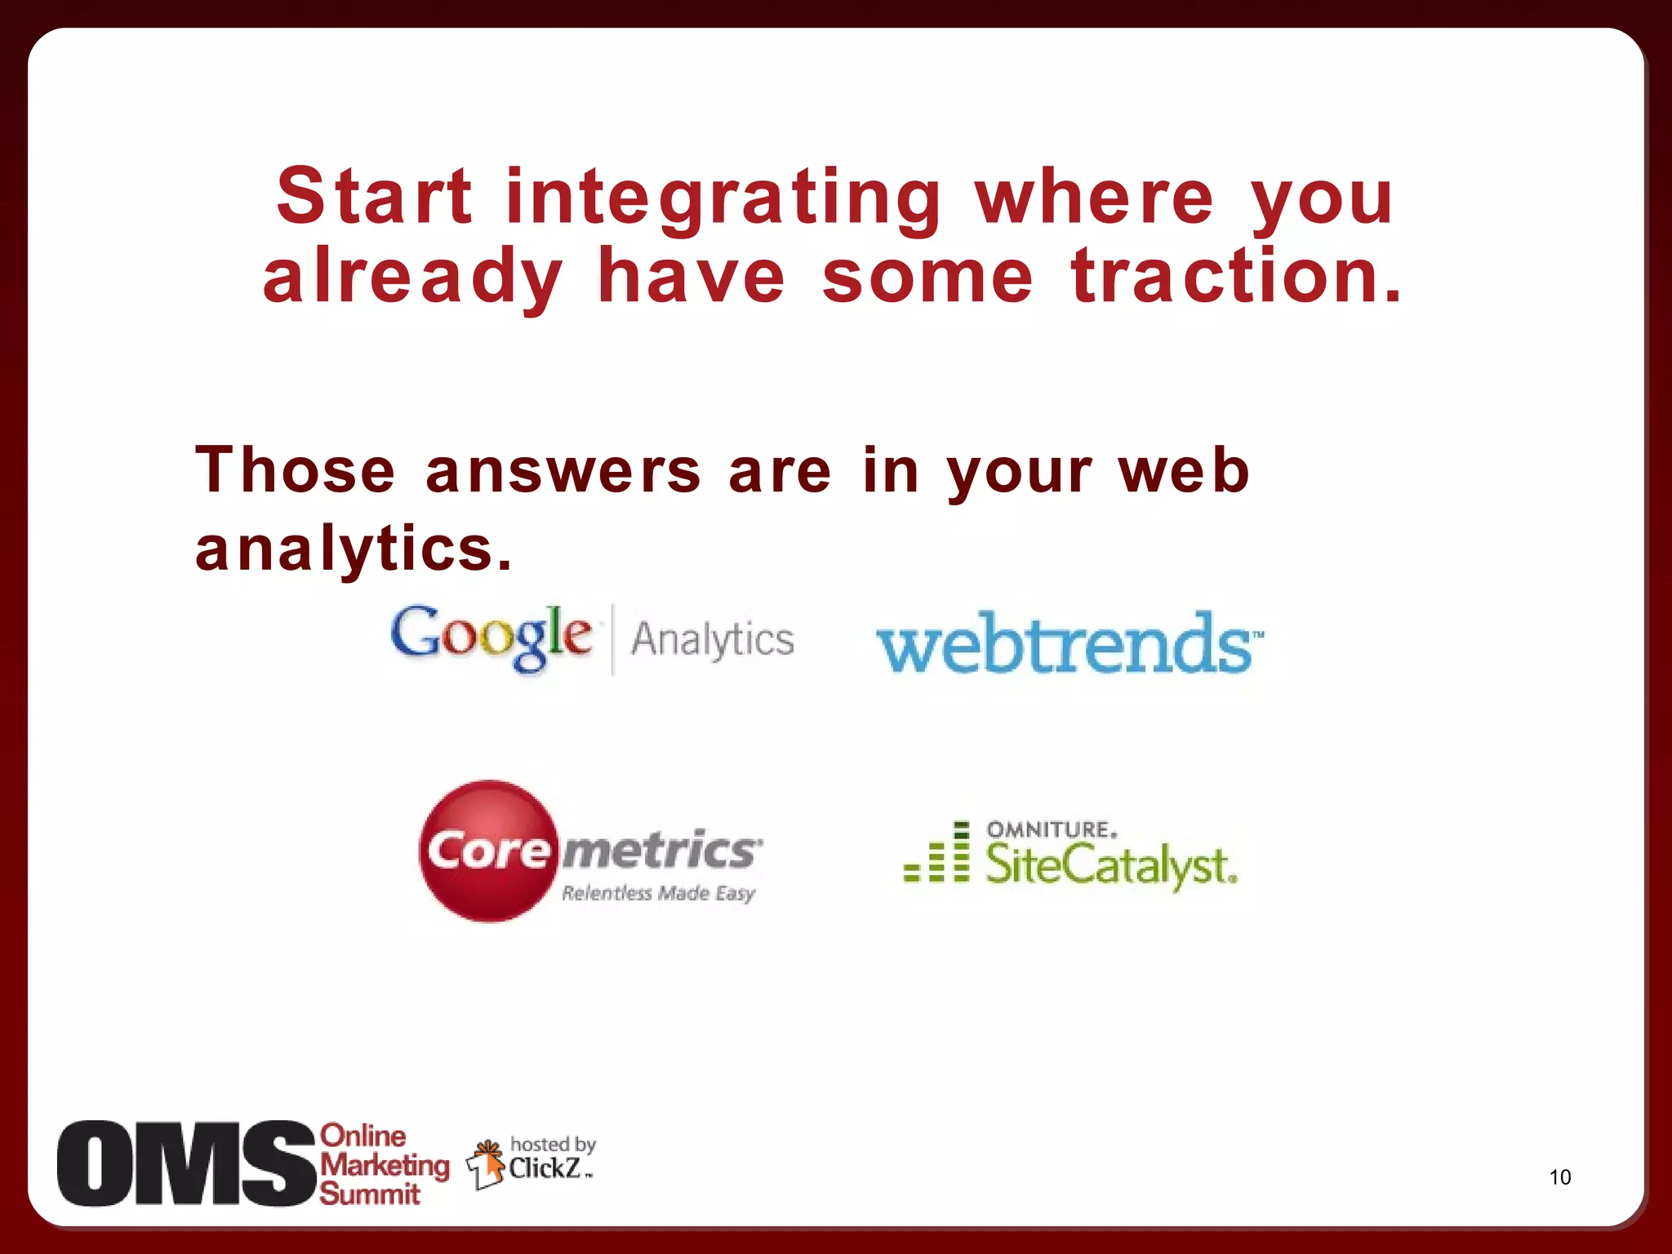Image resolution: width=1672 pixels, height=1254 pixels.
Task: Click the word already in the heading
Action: [412, 278]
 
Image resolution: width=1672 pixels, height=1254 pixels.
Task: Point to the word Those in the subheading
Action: [296, 471]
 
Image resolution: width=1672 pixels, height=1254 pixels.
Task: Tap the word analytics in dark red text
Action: [354, 549]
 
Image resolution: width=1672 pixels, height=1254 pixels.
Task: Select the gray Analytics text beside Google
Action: [712, 639]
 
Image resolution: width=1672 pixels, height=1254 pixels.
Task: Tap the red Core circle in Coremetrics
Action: [488, 851]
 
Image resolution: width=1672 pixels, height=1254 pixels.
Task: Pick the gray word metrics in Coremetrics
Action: [660, 851]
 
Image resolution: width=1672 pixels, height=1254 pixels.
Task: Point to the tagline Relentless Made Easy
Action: [658, 893]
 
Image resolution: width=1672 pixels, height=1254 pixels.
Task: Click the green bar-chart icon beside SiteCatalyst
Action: [937, 855]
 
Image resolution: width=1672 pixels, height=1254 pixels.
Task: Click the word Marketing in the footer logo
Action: [385, 1165]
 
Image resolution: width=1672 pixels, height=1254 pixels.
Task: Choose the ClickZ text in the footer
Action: [545, 1169]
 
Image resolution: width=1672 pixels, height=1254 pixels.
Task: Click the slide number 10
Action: [1559, 1177]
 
